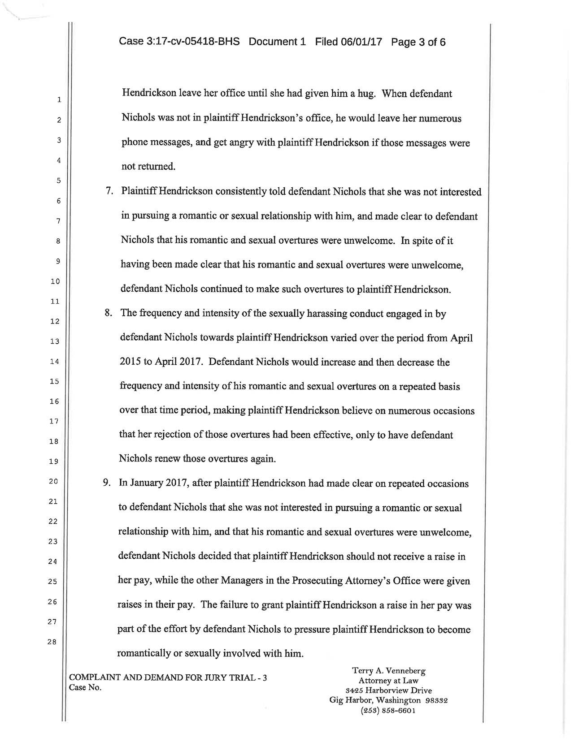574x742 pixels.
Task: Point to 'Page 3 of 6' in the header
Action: coord(418,42)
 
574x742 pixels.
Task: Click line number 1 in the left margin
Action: coord(59,100)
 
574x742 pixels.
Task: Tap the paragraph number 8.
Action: coord(108,313)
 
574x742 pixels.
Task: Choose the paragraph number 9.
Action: coord(107,483)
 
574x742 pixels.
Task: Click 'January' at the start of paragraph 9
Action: coord(146,483)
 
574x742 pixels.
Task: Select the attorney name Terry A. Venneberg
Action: coord(389,671)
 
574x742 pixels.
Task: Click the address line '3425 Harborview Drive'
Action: coord(389,690)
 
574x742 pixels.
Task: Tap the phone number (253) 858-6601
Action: coord(389,711)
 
